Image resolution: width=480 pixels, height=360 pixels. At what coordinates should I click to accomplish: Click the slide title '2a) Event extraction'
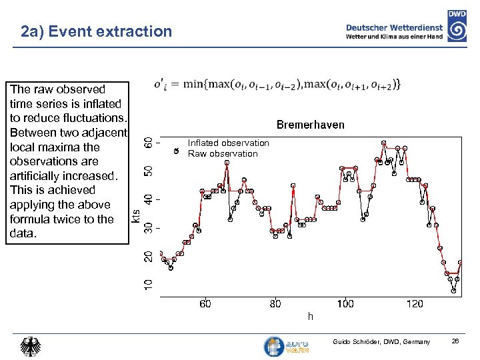(x=96, y=31)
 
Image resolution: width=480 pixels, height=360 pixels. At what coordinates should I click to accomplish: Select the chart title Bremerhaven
(x=310, y=125)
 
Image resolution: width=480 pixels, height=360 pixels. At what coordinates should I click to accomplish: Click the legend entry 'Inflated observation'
(x=228, y=143)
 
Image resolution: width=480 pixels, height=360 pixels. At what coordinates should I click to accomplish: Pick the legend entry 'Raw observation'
(x=223, y=154)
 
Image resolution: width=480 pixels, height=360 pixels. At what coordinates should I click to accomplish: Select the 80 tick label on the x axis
(x=275, y=304)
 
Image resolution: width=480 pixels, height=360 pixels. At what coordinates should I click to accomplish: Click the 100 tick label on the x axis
(x=345, y=304)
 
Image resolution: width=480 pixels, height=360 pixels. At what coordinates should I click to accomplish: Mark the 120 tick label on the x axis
(x=415, y=304)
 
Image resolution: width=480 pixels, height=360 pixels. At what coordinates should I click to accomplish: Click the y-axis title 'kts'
(x=135, y=217)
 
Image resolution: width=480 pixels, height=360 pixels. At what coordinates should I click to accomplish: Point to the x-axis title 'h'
(x=310, y=316)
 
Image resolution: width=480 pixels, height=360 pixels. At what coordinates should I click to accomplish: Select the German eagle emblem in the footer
(x=31, y=347)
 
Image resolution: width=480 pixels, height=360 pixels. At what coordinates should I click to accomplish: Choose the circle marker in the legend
(x=176, y=151)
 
